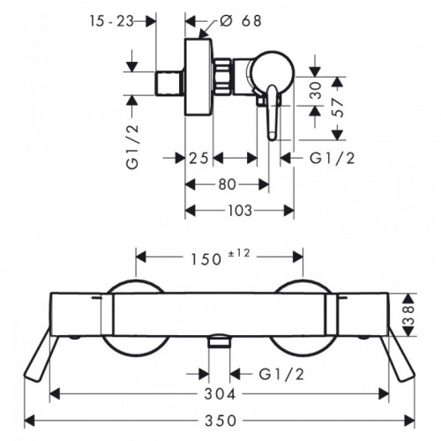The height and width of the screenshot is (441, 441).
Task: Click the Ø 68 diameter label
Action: (240, 21)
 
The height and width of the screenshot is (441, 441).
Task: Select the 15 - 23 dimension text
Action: (112, 21)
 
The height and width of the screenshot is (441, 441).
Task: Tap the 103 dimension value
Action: (240, 211)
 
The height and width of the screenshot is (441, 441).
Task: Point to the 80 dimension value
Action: (227, 184)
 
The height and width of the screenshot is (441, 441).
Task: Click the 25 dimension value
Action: (198, 159)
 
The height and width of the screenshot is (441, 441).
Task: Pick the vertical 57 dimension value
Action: (338, 108)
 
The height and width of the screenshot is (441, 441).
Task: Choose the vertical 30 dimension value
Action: (316, 91)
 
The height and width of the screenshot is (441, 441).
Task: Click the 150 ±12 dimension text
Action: (220, 257)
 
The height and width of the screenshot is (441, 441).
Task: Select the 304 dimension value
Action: (220, 393)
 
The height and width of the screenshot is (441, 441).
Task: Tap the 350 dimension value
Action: (220, 421)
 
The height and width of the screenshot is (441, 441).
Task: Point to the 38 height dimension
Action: (408, 315)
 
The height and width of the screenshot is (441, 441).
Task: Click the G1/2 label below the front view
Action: (281, 374)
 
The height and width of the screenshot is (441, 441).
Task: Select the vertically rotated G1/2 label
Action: (132, 146)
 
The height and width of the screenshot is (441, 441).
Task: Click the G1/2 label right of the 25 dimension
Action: (333, 159)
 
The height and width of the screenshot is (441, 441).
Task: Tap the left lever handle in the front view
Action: (39, 358)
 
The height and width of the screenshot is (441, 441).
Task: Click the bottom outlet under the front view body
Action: (220, 341)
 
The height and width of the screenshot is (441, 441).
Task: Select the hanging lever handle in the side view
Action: (273, 113)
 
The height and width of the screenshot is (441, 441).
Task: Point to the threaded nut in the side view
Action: (222, 77)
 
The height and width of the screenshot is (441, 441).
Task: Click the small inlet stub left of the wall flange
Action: (169, 83)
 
